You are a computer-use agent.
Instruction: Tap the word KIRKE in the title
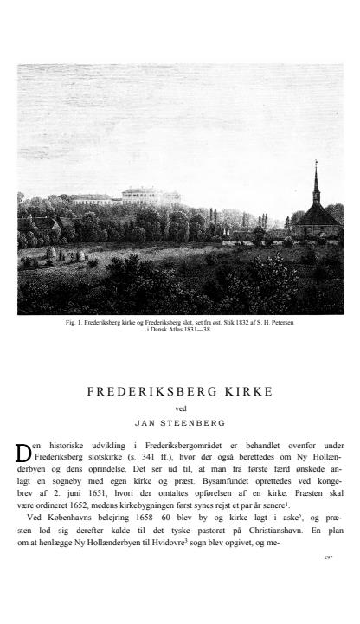pyautogui.click(x=247, y=392)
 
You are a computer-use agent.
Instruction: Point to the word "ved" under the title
pyautogui.click(x=180, y=408)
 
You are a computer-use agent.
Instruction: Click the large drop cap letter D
pyautogui.click(x=24, y=452)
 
